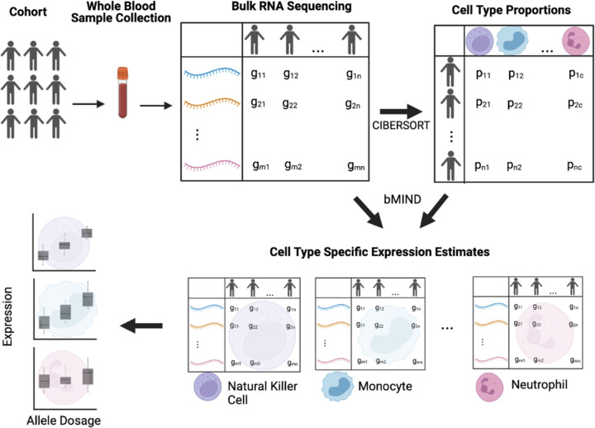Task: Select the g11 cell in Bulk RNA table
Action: click(x=259, y=74)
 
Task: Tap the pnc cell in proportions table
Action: click(x=575, y=165)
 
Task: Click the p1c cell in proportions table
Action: click(x=576, y=74)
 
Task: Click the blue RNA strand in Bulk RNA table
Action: click(x=211, y=74)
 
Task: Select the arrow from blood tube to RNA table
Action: click(x=154, y=104)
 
